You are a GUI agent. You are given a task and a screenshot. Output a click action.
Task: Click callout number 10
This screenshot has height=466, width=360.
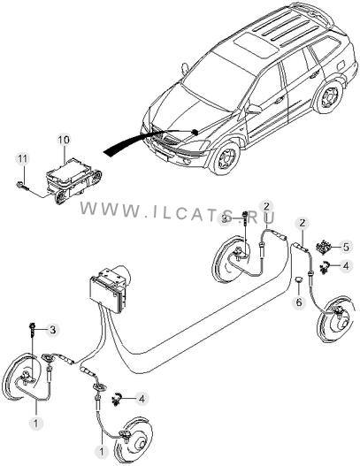64,140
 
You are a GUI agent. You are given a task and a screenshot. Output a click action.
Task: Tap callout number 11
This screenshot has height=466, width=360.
22,158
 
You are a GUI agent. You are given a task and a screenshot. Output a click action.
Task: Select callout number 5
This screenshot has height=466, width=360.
346,248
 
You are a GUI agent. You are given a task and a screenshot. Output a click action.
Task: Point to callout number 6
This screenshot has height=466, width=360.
299,302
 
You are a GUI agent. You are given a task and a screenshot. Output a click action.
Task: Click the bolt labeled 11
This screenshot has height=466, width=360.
21,187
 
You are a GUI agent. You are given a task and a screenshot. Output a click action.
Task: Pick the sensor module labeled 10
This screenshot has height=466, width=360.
73,180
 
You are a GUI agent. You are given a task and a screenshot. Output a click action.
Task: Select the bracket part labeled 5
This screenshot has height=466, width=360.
324,247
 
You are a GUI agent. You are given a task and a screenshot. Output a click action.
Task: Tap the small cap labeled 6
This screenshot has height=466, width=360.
298,279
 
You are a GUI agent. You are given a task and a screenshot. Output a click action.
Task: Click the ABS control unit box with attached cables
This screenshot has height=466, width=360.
109,289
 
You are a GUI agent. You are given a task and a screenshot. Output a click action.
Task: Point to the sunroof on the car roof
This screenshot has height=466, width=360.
254,45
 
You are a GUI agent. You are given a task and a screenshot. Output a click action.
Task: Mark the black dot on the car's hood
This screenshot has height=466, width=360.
195,132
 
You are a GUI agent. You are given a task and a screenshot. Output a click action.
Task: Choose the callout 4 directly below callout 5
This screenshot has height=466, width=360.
346,265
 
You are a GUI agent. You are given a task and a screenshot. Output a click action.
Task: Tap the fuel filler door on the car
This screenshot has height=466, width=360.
341,65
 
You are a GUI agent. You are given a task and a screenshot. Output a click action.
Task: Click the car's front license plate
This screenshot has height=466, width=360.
162,156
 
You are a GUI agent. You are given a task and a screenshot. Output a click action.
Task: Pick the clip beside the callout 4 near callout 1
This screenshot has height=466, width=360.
117,399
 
